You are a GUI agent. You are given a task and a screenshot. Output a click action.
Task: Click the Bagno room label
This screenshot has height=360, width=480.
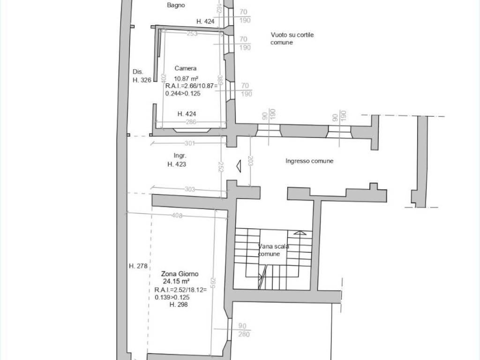coord(176,5)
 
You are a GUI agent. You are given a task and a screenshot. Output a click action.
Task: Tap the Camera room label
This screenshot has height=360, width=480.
coord(186,68)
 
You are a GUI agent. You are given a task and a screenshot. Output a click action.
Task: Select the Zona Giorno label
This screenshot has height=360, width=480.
coord(180,274)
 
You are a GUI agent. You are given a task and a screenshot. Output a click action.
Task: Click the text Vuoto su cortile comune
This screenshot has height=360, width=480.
coord(292,38)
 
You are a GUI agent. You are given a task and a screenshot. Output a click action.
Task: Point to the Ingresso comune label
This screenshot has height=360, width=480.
coord(309,161)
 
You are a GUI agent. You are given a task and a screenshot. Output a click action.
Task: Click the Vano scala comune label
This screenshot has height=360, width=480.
coord(273,250)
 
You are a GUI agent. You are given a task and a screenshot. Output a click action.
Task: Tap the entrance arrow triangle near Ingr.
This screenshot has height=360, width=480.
coord(239,166)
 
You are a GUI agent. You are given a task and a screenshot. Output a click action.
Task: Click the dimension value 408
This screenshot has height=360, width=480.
coord(177,216)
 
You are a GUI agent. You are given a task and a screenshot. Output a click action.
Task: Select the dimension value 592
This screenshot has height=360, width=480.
coord(213,283)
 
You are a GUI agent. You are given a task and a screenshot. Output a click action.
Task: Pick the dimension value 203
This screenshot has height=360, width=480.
coord(250,161)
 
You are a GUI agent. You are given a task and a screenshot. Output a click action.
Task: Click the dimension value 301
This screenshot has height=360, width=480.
coord(190,143)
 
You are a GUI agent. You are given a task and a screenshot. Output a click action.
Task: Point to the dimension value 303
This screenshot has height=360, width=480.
coord(190,189)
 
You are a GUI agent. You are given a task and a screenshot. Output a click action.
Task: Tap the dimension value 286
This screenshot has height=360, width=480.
coord(191,122)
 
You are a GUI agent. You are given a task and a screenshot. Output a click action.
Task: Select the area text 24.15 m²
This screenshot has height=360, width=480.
coord(176,281)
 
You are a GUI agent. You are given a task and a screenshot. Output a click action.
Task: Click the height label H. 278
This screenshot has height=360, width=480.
coord(138,266)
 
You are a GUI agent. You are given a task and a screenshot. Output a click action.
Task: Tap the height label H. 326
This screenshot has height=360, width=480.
coord(142,80)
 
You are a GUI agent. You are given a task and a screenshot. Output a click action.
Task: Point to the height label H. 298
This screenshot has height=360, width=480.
coord(179,304)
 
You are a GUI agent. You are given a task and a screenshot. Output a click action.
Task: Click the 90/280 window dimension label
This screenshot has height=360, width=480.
coord(243,330)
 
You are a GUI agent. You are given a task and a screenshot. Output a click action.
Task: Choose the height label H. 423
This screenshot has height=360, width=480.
coord(177,164)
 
